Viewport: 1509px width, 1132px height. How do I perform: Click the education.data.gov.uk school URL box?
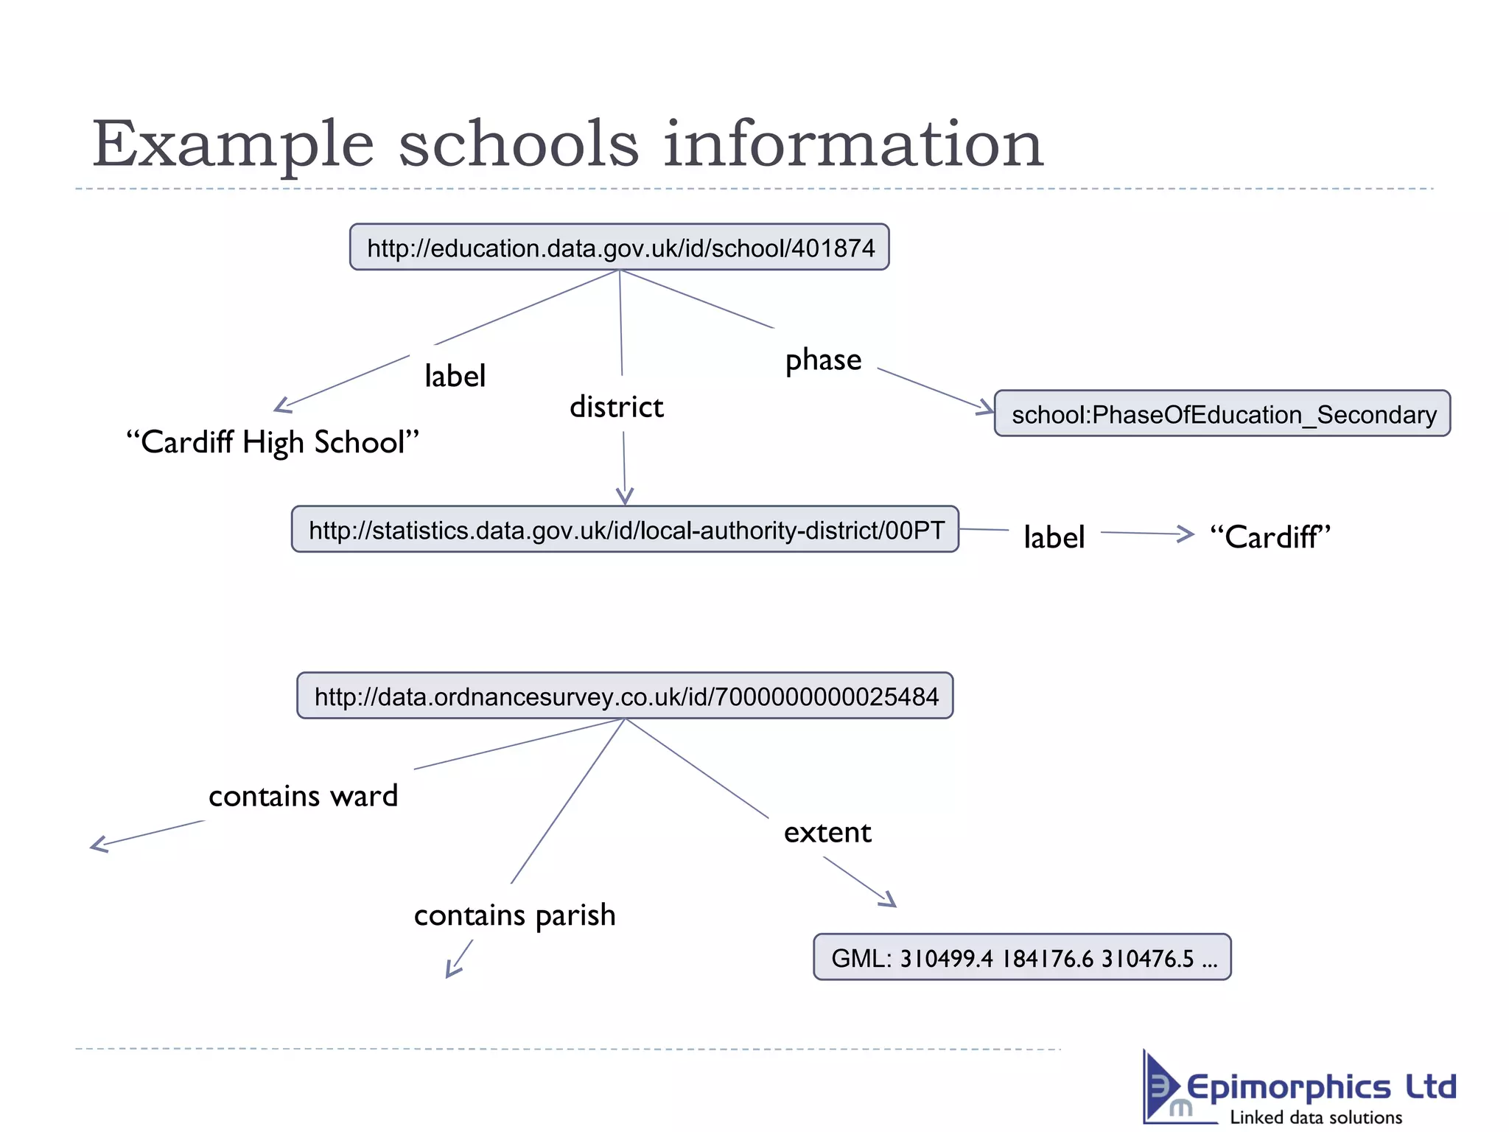pos(619,248)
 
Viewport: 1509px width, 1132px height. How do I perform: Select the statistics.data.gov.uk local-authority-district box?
pos(625,529)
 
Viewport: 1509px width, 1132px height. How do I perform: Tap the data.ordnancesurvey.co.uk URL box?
pos(625,696)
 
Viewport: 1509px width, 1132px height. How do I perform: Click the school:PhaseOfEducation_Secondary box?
pos(1222,414)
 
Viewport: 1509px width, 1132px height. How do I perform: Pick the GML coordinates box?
pos(1022,957)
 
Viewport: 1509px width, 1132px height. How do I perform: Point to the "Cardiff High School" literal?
pos(273,442)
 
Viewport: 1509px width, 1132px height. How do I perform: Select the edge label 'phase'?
pos(823,360)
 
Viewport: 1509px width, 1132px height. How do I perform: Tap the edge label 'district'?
pos(617,407)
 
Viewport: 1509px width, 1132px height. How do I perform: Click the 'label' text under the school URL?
pos(455,377)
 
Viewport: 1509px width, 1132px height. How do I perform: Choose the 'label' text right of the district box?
pos(1054,537)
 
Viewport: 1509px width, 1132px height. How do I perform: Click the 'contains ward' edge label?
pos(303,796)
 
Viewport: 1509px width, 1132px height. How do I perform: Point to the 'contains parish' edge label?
pos(514,915)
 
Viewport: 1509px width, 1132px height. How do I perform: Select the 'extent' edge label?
pos(827,833)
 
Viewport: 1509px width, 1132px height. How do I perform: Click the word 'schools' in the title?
pos(519,144)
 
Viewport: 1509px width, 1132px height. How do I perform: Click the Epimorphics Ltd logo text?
pos(1320,1088)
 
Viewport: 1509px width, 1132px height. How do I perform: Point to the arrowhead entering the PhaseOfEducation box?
pos(986,408)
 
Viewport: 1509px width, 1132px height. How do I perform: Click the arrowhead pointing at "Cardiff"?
pos(1186,534)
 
